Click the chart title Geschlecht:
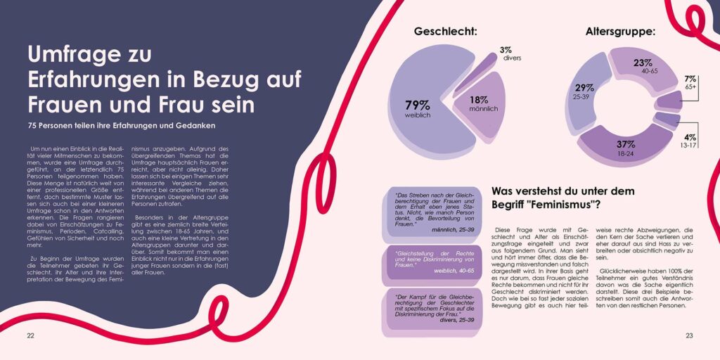(445, 31)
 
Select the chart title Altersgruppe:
(621, 31)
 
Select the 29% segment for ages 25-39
(584, 91)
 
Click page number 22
(30, 335)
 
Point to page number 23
(689, 335)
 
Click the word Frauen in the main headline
(65, 104)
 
